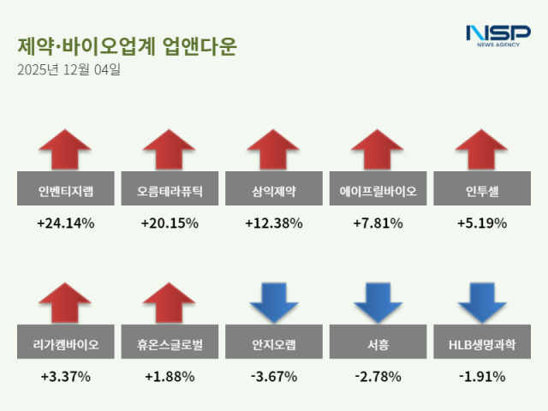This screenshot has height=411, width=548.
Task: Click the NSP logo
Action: coord(497,35)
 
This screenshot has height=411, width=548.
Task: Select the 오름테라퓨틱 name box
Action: coord(170,191)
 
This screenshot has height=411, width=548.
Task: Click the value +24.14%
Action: coord(66,223)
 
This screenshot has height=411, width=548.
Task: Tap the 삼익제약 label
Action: coord(274,191)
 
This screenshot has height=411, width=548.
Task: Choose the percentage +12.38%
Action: coord(274,223)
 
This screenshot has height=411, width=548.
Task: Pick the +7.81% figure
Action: coord(378,223)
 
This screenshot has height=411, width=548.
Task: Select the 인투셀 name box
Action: coord(481,191)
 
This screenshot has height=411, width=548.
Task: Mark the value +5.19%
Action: coord(481,223)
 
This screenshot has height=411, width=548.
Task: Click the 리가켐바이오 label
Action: coord(66,345)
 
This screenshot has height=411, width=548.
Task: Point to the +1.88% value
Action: coord(170,377)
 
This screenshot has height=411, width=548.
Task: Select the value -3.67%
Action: coord(274,377)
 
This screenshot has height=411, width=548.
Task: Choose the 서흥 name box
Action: coord(378,345)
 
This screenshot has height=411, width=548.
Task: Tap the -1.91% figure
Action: coord(481,377)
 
